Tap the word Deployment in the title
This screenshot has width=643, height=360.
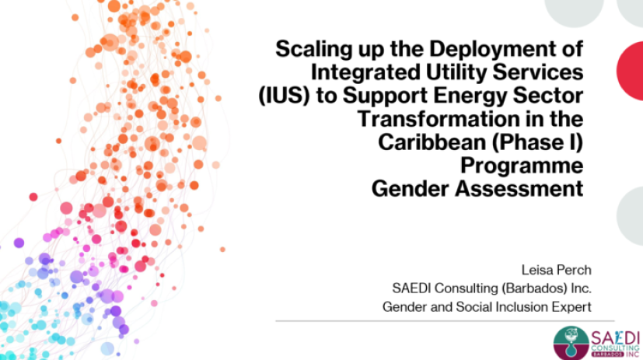[490, 50]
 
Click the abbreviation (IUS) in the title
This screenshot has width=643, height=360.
[284, 96]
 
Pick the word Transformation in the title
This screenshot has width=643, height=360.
[435, 119]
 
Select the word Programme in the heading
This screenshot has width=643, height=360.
[522, 166]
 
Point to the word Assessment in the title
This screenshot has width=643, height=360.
[519, 189]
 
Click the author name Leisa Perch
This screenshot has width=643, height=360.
[556, 270]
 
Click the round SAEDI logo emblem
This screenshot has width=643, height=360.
[571, 343]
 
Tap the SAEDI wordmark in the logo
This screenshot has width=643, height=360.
[615, 339]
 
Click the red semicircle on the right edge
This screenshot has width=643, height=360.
[631, 71]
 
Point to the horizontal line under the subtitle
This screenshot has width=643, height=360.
[445, 321]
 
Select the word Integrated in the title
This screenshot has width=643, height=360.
[365, 72]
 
